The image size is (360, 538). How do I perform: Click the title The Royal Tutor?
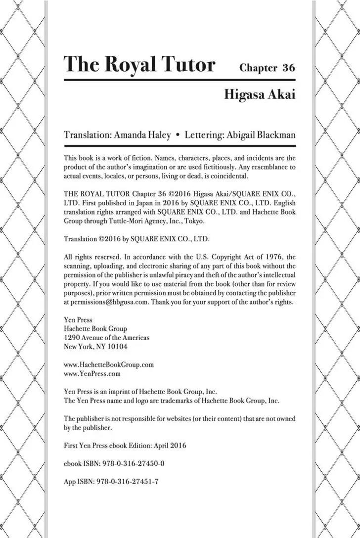pyautogui.click(x=139, y=65)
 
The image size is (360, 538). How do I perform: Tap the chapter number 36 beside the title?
pyautogui.click(x=288, y=68)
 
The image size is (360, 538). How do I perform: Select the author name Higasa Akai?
pyautogui.click(x=260, y=94)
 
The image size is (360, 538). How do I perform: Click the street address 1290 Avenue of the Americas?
pyautogui.click(x=107, y=338)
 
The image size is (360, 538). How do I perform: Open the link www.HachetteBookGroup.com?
pyautogui.click(x=109, y=364)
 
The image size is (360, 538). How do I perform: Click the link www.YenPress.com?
pyautogui.click(x=92, y=373)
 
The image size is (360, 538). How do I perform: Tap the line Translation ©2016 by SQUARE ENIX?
pyautogui.click(x=137, y=239)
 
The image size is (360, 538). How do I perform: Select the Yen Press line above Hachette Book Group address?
pyautogui.click(x=78, y=320)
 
